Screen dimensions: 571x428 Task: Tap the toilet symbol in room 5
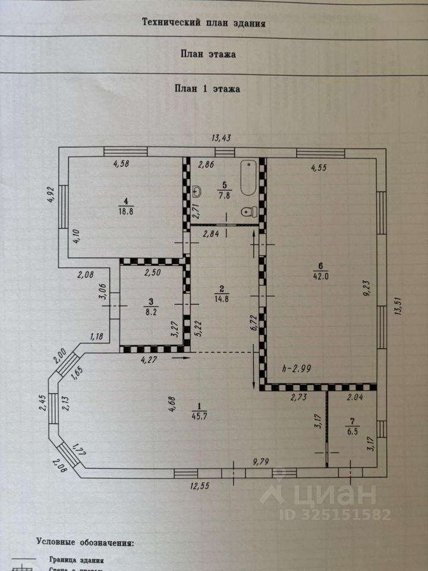pyautogui.click(x=250, y=211)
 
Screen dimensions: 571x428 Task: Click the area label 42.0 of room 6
pyautogui.click(x=321, y=274)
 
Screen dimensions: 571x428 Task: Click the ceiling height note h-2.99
pyautogui.click(x=298, y=368)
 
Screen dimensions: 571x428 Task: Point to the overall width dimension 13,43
pyautogui.click(x=221, y=138)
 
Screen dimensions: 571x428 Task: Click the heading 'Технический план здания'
pyautogui.click(x=203, y=23)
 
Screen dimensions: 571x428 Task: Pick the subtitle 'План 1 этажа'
pyautogui.click(x=207, y=89)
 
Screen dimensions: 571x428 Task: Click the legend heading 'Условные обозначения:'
pyautogui.click(x=85, y=542)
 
